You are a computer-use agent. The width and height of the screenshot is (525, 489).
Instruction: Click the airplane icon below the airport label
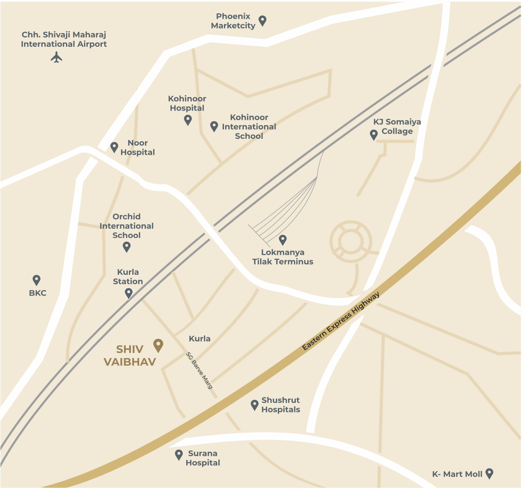pos(57,57)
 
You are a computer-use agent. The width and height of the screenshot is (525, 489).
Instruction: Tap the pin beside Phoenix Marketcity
pos(262,20)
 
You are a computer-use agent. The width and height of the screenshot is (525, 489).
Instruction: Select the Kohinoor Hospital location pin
pos(188,119)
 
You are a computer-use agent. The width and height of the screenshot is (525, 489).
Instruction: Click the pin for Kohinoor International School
pos(214,126)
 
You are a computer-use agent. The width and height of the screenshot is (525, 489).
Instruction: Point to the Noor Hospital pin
pos(114,147)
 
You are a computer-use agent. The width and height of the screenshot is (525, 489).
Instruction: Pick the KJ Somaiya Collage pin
pos(374,135)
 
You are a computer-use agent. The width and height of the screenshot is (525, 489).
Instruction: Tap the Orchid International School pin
pos(127,247)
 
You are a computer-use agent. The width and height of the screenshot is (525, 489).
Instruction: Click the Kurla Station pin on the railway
pos(128,293)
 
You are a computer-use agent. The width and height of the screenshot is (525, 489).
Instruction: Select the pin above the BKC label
pos(37,280)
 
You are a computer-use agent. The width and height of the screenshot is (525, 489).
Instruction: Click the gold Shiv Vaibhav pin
pos(158,345)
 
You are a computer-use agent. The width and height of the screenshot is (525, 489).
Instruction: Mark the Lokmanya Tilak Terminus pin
pos(283,239)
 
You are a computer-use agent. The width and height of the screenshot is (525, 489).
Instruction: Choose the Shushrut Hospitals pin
pos(255,405)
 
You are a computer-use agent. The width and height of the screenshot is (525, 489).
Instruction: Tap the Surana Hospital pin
pos(179,455)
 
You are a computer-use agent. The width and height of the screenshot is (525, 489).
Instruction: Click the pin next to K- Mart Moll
pos(489,473)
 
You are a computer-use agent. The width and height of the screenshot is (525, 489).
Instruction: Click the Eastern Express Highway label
pos(341,321)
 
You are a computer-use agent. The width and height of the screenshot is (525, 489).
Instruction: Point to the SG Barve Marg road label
pos(200,370)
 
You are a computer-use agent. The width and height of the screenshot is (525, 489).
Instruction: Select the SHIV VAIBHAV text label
pos(130,355)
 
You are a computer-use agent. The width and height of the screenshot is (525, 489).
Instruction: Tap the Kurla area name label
pos(200,338)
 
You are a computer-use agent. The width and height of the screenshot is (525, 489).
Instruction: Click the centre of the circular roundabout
pos(351,241)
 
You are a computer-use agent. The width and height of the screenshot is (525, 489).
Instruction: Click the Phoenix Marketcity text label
pos(233,21)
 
